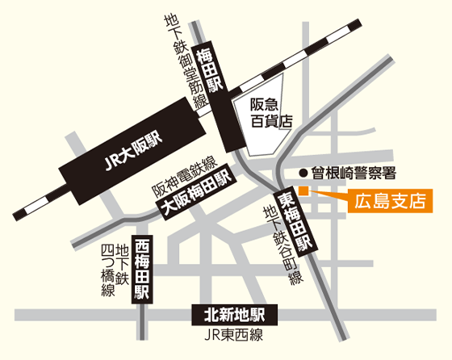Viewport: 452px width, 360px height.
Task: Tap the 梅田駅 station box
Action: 216,71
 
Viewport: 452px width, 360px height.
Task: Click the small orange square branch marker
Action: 303,190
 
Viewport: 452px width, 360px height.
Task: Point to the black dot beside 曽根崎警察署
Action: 303,172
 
